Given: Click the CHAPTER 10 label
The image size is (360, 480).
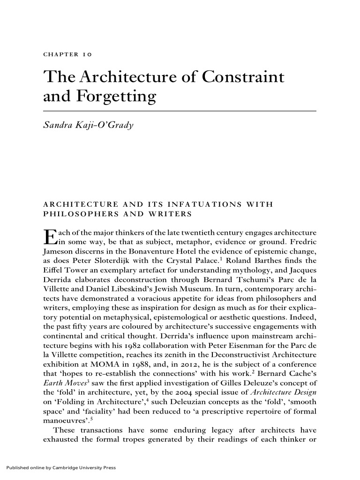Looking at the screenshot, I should coord(67,54).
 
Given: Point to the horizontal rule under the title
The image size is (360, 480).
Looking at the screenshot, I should coord(180,111).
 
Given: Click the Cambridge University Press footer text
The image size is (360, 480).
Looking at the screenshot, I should coord(60,467).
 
